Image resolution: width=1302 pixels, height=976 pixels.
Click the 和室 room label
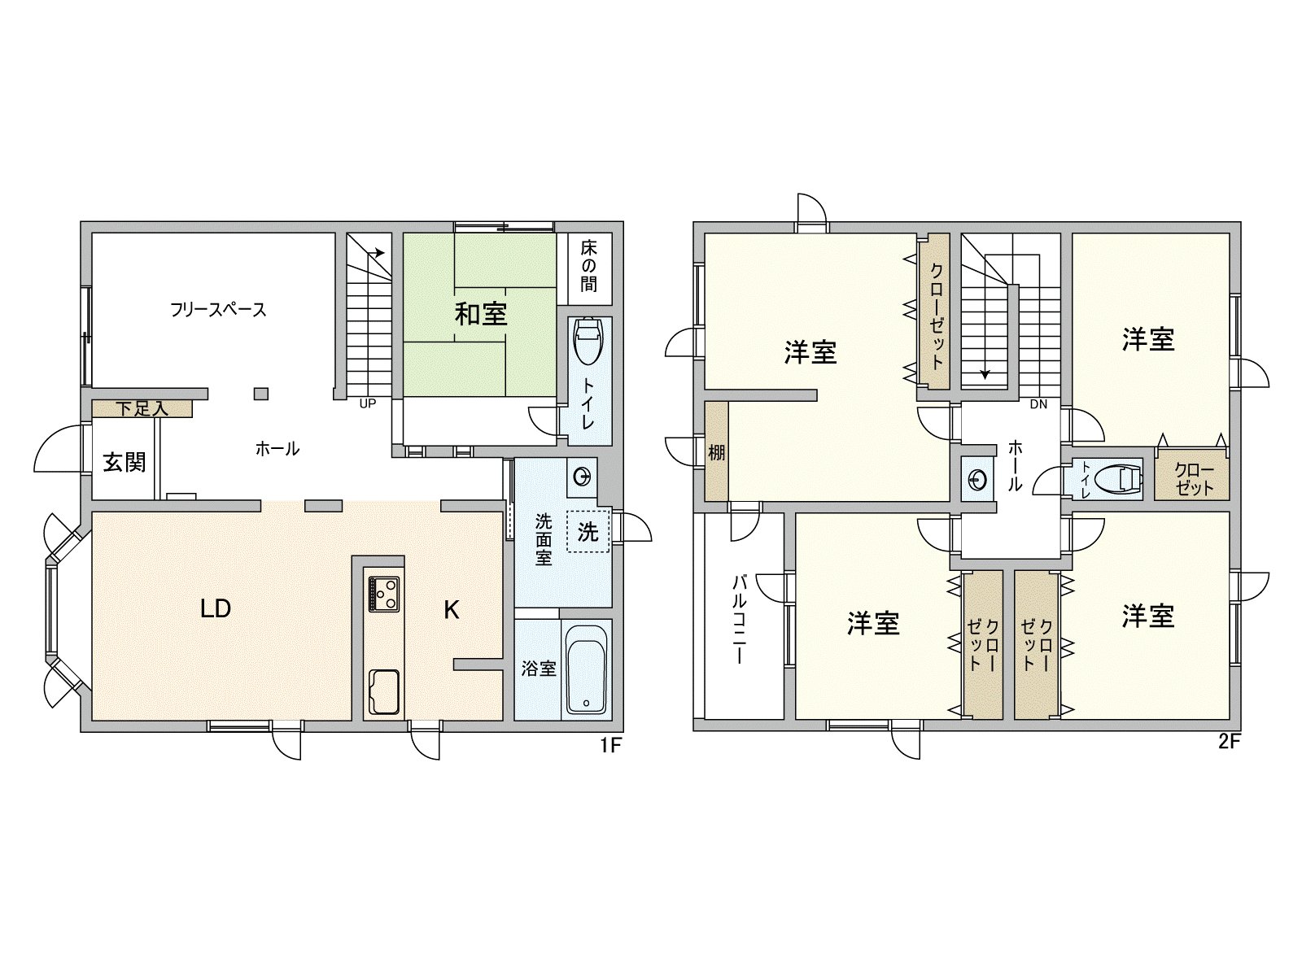coord(481,314)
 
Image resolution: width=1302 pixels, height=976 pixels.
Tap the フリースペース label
coord(218,310)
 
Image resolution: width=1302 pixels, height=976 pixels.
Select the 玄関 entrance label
coord(124,462)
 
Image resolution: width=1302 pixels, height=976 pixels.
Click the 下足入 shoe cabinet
coord(142,408)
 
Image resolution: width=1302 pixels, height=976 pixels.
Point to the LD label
coord(216,608)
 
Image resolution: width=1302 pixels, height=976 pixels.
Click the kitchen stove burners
coord(383,594)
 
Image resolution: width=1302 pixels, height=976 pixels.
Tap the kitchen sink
coord(383,691)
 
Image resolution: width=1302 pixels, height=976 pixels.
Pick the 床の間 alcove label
coord(588,265)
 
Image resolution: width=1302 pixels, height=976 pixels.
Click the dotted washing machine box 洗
coord(588,532)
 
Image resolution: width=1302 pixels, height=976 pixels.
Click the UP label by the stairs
coord(367,403)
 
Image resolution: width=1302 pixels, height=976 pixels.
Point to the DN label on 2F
coord(1038,404)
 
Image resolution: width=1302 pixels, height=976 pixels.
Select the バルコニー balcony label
coord(740,618)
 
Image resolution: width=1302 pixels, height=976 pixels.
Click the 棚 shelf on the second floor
coord(716,452)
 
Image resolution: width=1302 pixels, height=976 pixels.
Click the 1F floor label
coord(610,744)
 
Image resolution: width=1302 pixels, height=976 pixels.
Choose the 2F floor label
coord(1229,742)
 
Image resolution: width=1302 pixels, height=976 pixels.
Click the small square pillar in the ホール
coord(260,394)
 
